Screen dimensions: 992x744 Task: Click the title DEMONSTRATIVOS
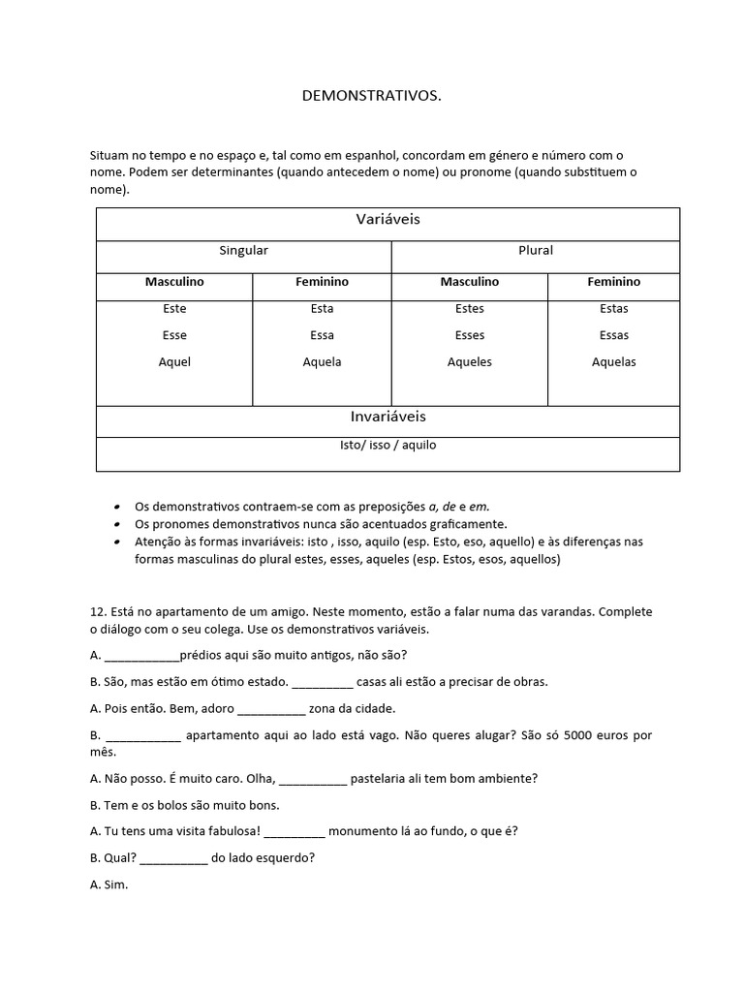pyautogui.click(x=372, y=96)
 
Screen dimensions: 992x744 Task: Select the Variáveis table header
pyautogui.click(x=387, y=220)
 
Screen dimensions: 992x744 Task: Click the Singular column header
pyautogui.click(x=243, y=251)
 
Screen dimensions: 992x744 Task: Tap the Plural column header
pyautogui.click(x=535, y=251)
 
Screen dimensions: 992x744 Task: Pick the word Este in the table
pyautogui.click(x=174, y=309)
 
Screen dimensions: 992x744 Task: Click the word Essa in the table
pyautogui.click(x=322, y=335)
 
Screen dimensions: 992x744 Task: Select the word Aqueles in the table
pyautogui.click(x=469, y=362)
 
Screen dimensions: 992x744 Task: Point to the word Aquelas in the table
pyautogui.click(x=613, y=362)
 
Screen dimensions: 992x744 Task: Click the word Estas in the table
pyautogui.click(x=613, y=309)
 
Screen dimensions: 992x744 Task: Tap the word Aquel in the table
pyautogui.click(x=174, y=362)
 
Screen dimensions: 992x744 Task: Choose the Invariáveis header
pyautogui.click(x=387, y=417)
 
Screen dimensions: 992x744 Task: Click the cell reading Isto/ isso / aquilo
pyautogui.click(x=387, y=446)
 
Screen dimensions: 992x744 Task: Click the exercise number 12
pyautogui.click(x=96, y=612)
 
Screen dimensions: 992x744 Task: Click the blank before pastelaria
pyautogui.click(x=313, y=780)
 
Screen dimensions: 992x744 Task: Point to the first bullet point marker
pyautogui.click(x=117, y=507)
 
